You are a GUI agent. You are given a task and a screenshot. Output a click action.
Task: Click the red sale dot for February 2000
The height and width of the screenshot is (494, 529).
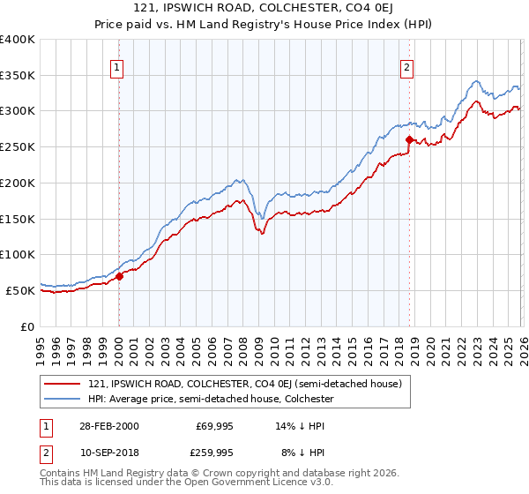pyautogui.click(x=120, y=276)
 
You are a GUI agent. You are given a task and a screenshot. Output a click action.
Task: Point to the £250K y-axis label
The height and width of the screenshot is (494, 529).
pyautogui.click(x=18, y=147)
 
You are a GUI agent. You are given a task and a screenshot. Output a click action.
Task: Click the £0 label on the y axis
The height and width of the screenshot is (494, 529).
pyautogui.click(x=26, y=326)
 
